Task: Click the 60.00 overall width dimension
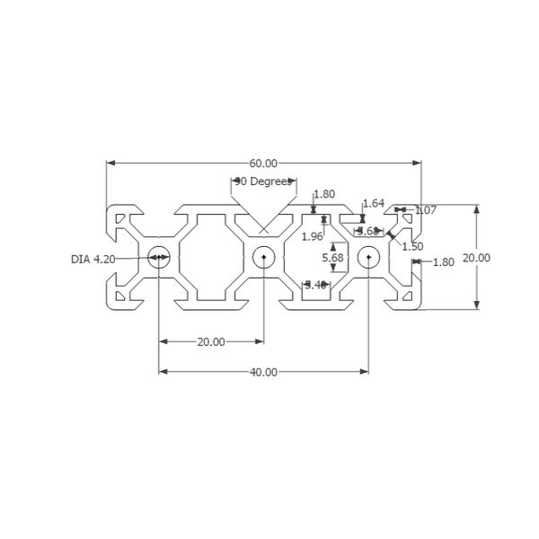tap(263, 163)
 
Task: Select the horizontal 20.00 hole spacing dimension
tap(211, 342)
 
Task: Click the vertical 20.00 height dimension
tap(476, 258)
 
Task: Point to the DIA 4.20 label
tap(93, 259)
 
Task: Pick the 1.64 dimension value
tap(373, 204)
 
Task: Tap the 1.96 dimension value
tap(312, 236)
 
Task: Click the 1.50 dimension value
tap(412, 245)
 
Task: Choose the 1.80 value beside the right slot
tap(443, 262)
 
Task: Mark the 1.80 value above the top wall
tap(324, 194)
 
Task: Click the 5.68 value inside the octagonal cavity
tap(333, 258)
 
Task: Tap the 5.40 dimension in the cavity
tap(315, 285)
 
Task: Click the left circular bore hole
tap(159, 258)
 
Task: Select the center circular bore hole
tap(263, 258)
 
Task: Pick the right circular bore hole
tap(368, 258)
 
